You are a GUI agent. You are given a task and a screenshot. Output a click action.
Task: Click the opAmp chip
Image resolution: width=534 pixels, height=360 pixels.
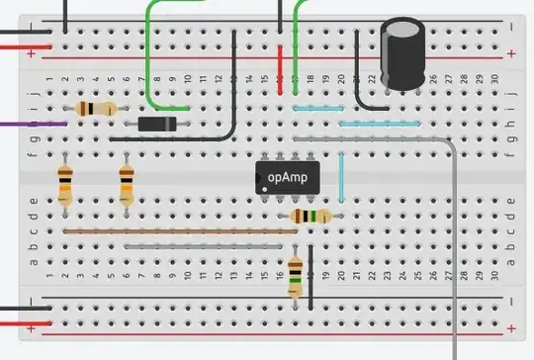(287, 178)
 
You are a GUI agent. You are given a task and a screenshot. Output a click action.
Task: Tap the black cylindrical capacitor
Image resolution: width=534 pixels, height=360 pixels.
(403, 54)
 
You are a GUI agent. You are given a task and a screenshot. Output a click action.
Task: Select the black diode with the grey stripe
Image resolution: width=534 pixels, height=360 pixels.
(157, 124)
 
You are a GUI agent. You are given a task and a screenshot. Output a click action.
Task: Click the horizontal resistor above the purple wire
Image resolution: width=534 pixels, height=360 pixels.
(95, 110)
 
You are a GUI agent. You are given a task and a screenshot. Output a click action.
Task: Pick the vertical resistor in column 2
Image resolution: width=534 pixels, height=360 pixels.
(65, 185)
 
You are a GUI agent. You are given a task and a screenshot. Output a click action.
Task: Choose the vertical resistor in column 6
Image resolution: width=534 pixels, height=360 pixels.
(126, 185)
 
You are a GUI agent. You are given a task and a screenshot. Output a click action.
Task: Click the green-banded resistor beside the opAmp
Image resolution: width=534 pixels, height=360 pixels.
(311, 216)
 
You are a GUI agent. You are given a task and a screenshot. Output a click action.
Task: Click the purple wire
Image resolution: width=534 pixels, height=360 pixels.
(30, 125)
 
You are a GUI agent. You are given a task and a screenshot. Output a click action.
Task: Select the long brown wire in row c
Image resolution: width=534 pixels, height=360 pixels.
(178, 231)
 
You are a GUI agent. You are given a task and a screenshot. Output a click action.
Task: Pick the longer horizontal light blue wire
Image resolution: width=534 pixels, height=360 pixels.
(380, 124)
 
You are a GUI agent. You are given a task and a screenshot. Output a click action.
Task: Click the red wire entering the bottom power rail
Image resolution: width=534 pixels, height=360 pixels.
(20, 324)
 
